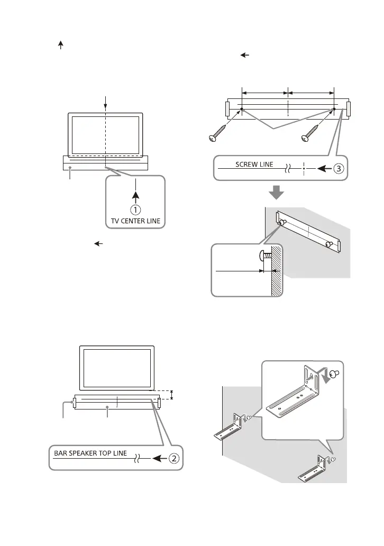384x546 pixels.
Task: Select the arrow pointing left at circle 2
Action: (157, 458)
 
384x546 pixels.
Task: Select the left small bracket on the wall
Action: (230, 427)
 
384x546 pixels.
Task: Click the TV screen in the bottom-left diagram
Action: (117, 367)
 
